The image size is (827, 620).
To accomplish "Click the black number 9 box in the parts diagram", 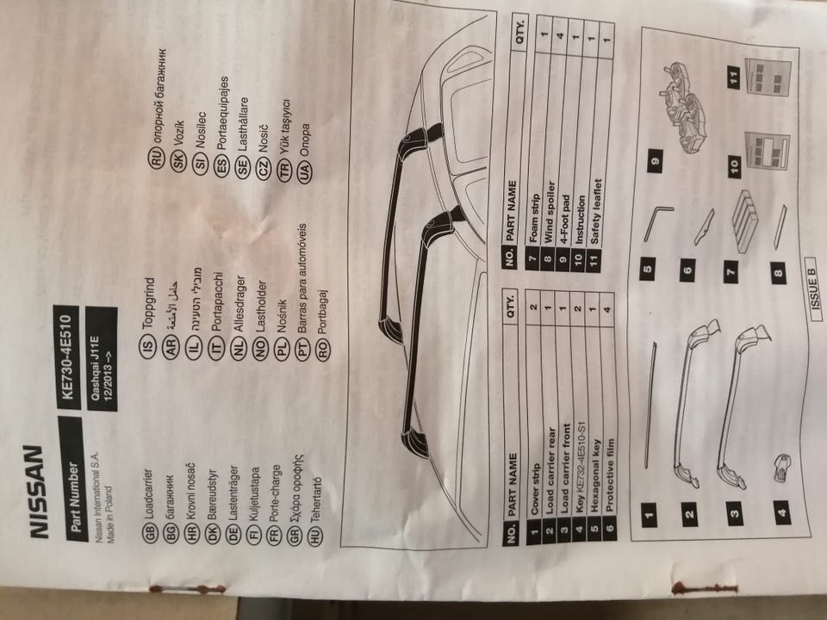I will tap(660, 161).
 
